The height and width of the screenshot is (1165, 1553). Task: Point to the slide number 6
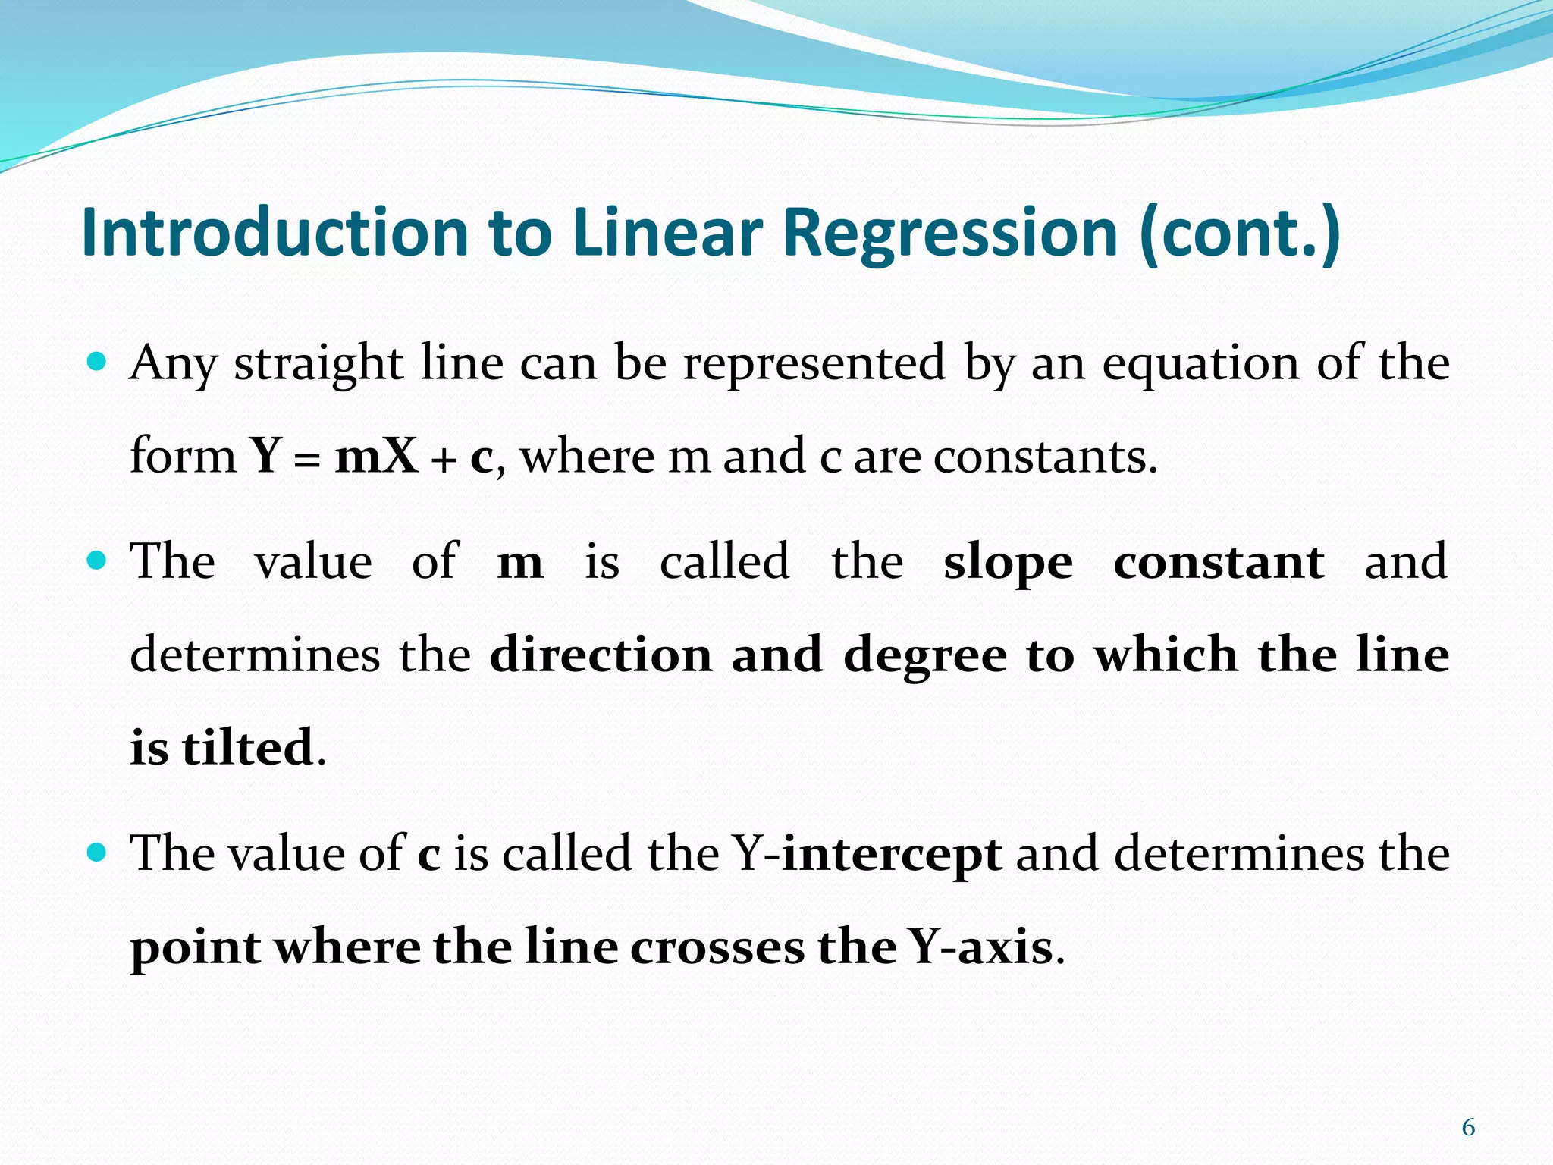point(1468,1128)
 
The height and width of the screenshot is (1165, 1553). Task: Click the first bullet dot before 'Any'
point(97,360)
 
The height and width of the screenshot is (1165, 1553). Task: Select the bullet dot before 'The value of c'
point(97,851)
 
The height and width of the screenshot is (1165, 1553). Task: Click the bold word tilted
point(247,747)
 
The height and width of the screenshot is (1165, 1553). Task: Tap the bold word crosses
point(717,947)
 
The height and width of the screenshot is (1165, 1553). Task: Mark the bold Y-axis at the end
point(982,947)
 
